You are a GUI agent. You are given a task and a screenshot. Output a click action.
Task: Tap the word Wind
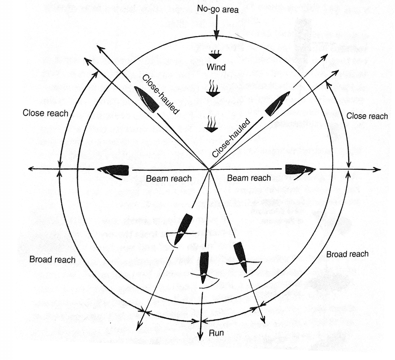pyautogui.click(x=216, y=67)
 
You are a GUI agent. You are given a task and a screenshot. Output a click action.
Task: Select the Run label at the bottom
pyautogui.click(x=217, y=332)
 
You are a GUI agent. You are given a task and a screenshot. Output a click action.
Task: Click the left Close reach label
pyautogui.click(x=46, y=113)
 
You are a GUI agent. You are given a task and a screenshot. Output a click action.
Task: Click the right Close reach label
pyautogui.click(x=367, y=116)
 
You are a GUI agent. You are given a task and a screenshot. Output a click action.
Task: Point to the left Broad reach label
pyautogui.click(x=52, y=259)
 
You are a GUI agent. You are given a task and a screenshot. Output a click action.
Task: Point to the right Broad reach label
pyautogui.click(x=347, y=254)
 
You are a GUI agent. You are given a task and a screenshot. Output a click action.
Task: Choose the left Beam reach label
pyautogui.click(x=169, y=178)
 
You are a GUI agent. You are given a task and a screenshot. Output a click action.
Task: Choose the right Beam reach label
pyautogui.click(x=249, y=178)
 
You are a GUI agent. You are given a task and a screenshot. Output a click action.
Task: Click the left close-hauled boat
pyautogui.click(x=146, y=99)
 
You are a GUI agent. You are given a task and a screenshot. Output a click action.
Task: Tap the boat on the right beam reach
pyautogui.click(x=300, y=169)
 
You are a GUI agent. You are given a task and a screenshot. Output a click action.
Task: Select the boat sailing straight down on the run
pyautogui.click(x=204, y=266)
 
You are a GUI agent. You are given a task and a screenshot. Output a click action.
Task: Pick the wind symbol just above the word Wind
pyautogui.click(x=215, y=54)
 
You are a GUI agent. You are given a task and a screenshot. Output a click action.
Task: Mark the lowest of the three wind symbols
pyautogui.click(x=211, y=125)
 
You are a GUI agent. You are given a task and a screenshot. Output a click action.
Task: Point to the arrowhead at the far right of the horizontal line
pyautogui.click(x=378, y=169)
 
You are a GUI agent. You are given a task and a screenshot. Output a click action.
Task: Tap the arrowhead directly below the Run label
pyautogui.click(x=201, y=337)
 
